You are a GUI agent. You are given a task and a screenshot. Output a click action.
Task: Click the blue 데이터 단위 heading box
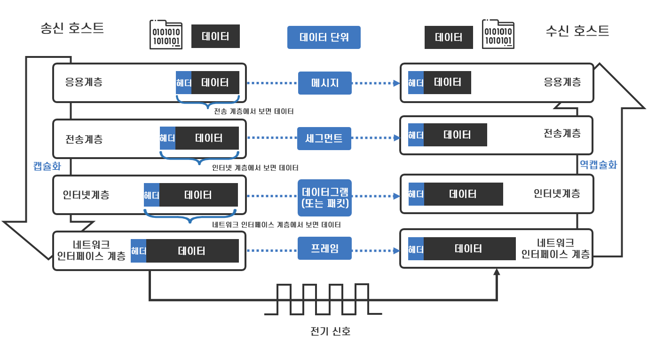coord(324,37)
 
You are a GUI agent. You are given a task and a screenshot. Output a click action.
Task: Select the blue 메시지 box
coord(324,83)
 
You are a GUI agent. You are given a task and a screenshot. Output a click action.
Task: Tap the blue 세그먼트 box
coord(324,138)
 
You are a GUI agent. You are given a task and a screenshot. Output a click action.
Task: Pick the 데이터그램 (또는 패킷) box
coord(324,198)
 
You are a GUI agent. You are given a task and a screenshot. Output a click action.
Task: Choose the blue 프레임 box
coord(324,248)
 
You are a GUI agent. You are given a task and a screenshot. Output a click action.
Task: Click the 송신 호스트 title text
coord(72,28)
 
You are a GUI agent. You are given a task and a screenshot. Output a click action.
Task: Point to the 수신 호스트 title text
coord(577,31)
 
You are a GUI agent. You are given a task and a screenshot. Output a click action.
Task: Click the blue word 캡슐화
coord(47,166)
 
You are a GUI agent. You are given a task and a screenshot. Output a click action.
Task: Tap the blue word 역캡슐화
coord(598,165)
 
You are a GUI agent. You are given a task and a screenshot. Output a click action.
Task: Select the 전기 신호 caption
coord(331,331)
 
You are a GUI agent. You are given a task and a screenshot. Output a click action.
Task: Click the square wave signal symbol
coord(323,299)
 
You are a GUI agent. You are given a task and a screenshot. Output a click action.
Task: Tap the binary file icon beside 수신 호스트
coord(498,34)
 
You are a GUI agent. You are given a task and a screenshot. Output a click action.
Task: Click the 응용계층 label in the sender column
coord(84,82)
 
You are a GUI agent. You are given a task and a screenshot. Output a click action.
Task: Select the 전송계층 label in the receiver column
coord(562,133)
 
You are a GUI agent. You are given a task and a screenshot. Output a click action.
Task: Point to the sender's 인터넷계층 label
coord(86,194)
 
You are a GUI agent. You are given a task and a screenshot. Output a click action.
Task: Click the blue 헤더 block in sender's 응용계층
coord(183,83)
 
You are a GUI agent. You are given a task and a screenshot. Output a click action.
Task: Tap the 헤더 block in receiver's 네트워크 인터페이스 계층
coord(416,249)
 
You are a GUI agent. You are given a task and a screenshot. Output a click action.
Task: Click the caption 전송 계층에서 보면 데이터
coord(253,112)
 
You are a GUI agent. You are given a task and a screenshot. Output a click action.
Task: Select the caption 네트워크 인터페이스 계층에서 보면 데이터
coord(277,225)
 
